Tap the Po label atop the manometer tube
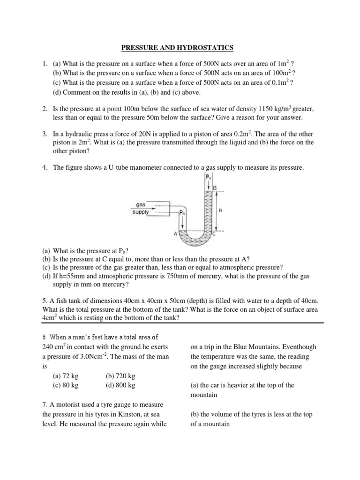coord(209,178)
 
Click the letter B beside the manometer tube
coord(215,188)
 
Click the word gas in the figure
coord(141,205)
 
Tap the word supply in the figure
coord(141,212)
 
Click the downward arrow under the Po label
coord(209,185)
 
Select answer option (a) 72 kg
coord(65,376)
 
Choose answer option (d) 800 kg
coord(120,385)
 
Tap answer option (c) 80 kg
coord(65,385)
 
